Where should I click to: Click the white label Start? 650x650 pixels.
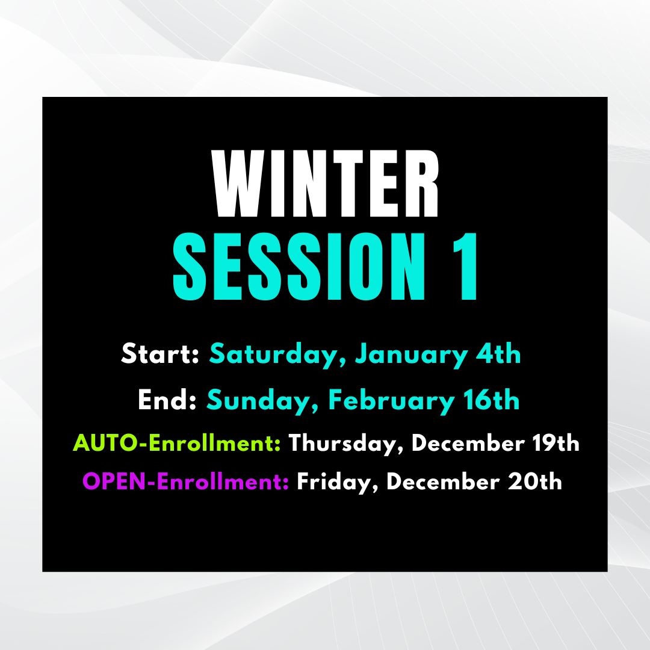160,354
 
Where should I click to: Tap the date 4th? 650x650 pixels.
498,354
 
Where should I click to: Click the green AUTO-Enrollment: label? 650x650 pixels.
177,444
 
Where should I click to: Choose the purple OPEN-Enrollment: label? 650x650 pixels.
186,481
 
